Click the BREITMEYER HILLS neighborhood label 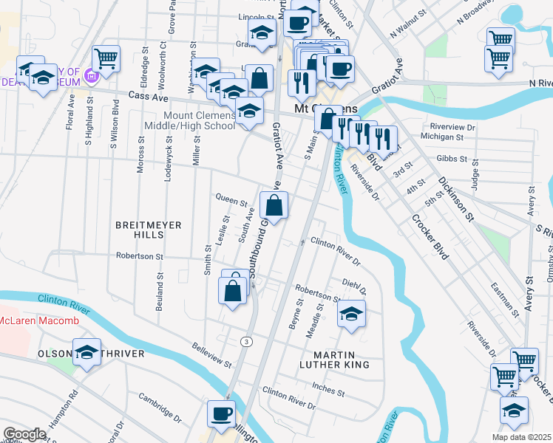(x=138, y=228)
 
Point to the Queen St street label (x=231, y=199)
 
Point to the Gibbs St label (x=453, y=159)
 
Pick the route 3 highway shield (x=245, y=340)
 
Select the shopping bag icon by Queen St (x=274, y=207)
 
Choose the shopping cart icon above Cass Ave (x=106, y=59)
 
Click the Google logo (x=24, y=434)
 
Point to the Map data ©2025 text (x=520, y=437)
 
